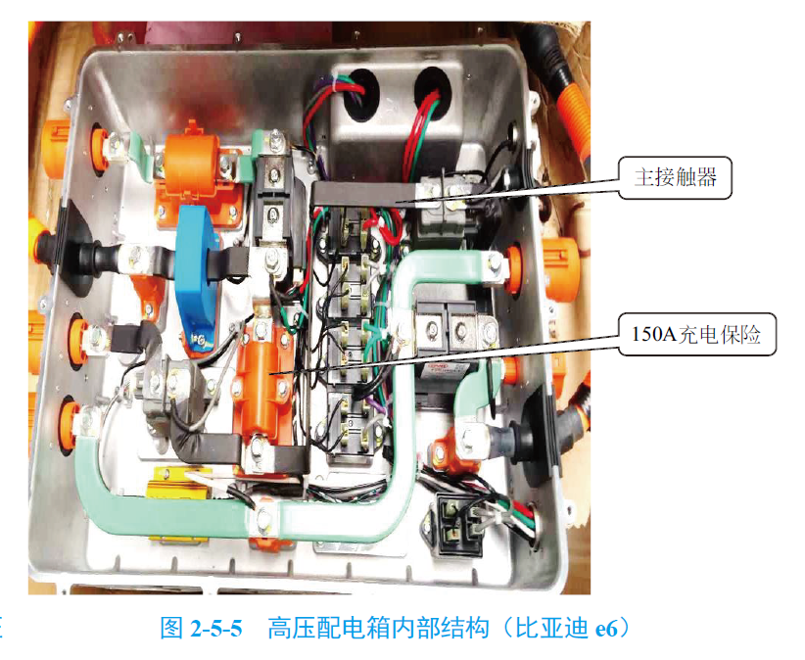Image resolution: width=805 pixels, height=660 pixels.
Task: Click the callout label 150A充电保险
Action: pyautogui.click(x=696, y=338)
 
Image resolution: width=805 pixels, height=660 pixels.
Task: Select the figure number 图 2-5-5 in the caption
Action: pyautogui.click(x=201, y=628)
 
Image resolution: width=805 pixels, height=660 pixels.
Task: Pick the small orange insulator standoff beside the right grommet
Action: pyautogui.click(x=453, y=446)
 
